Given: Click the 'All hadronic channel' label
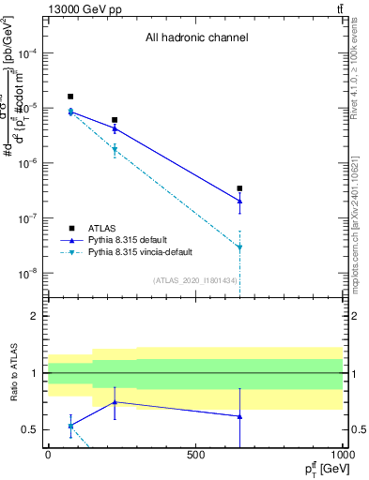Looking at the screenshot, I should point(196,38).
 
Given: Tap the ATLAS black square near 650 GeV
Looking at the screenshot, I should point(239,188).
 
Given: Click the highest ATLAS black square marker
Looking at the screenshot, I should point(70,97).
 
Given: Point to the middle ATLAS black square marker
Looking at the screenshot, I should point(115,120).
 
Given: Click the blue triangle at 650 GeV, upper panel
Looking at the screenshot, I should point(239,201).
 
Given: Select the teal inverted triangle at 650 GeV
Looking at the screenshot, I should point(239,247).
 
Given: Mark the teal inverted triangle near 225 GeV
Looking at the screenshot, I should point(115,150).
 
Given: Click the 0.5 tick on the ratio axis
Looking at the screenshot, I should point(33,429).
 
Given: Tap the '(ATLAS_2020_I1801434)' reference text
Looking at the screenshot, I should point(194,280).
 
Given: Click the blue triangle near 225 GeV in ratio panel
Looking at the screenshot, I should point(115,401).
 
